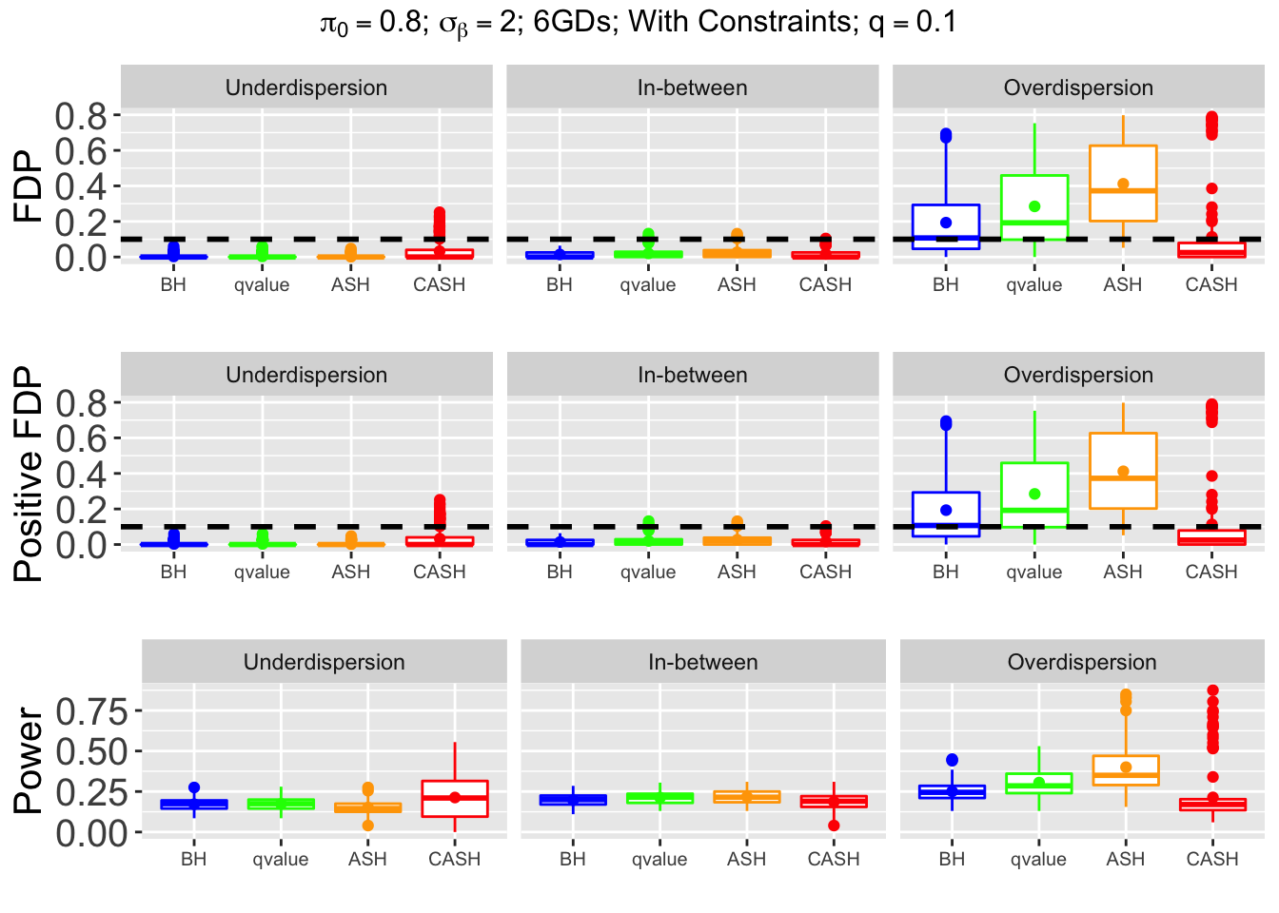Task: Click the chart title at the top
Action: pyautogui.click(x=639, y=22)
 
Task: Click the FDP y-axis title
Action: pyautogui.click(x=30, y=186)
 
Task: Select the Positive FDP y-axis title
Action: pyautogui.click(x=30, y=474)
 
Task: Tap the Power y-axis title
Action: pyautogui.click(x=30, y=761)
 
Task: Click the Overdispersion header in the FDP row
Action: pyautogui.click(x=1078, y=87)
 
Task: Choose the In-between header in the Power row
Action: pyautogui.click(x=703, y=662)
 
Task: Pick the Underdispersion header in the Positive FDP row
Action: pyautogui.click(x=306, y=375)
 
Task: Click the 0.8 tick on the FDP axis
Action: pyautogui.click(x=81, y=116)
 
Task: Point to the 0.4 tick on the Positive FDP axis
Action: pyautogui.click(x=81, y=474)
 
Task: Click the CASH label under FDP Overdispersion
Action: pyautogui.click(x=1211, y=284)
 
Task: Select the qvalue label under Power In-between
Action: pyautogui.click(x=659, y=859)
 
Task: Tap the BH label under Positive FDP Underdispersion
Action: pyautogui.click(x=173, y=572)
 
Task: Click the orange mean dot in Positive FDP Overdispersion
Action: pyautogui.click(x=1123, y=472)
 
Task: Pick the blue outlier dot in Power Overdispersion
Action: pyautogui.click(x=952, y=760)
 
